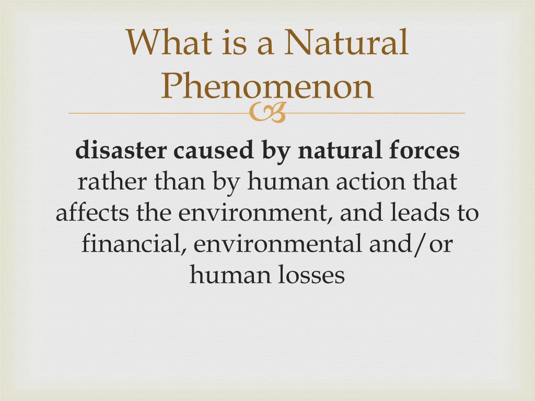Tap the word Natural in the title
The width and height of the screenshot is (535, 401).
346,42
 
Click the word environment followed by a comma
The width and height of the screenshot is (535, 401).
255,213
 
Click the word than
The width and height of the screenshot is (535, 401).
180,181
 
